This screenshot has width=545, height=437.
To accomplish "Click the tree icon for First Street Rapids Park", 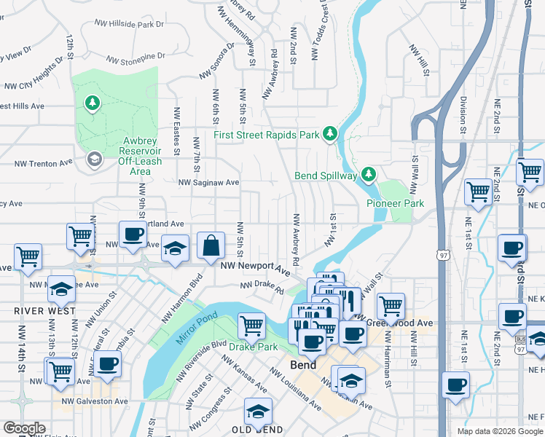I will coord(330,133).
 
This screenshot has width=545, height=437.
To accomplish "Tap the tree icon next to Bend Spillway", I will coord(369,174).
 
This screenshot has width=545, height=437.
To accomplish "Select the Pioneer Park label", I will coord(394,203).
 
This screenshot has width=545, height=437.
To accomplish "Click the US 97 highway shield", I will coord(443,255).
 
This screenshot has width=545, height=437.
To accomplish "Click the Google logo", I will coord(24,428).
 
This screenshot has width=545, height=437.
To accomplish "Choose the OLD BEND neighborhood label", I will coord(258,430).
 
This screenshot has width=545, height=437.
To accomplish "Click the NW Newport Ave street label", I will coord(255,267).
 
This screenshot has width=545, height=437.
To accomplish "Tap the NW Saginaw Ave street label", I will coord(209,182).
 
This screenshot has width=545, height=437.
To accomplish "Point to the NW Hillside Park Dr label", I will coord(130,24).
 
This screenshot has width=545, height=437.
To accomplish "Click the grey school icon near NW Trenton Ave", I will coord(94,159).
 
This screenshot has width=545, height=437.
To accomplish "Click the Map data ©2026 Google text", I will coord(499,431).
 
